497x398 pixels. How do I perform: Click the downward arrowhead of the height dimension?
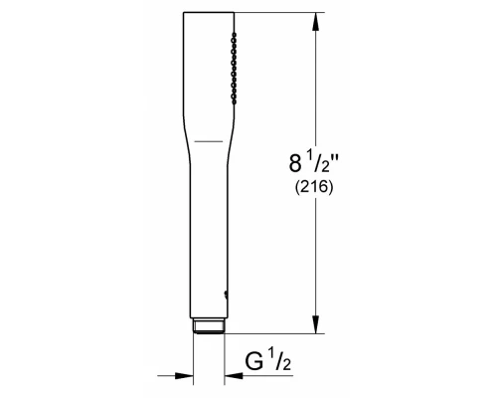[x=316, y=326]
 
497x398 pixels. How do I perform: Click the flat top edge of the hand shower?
[x=211, y=13]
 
